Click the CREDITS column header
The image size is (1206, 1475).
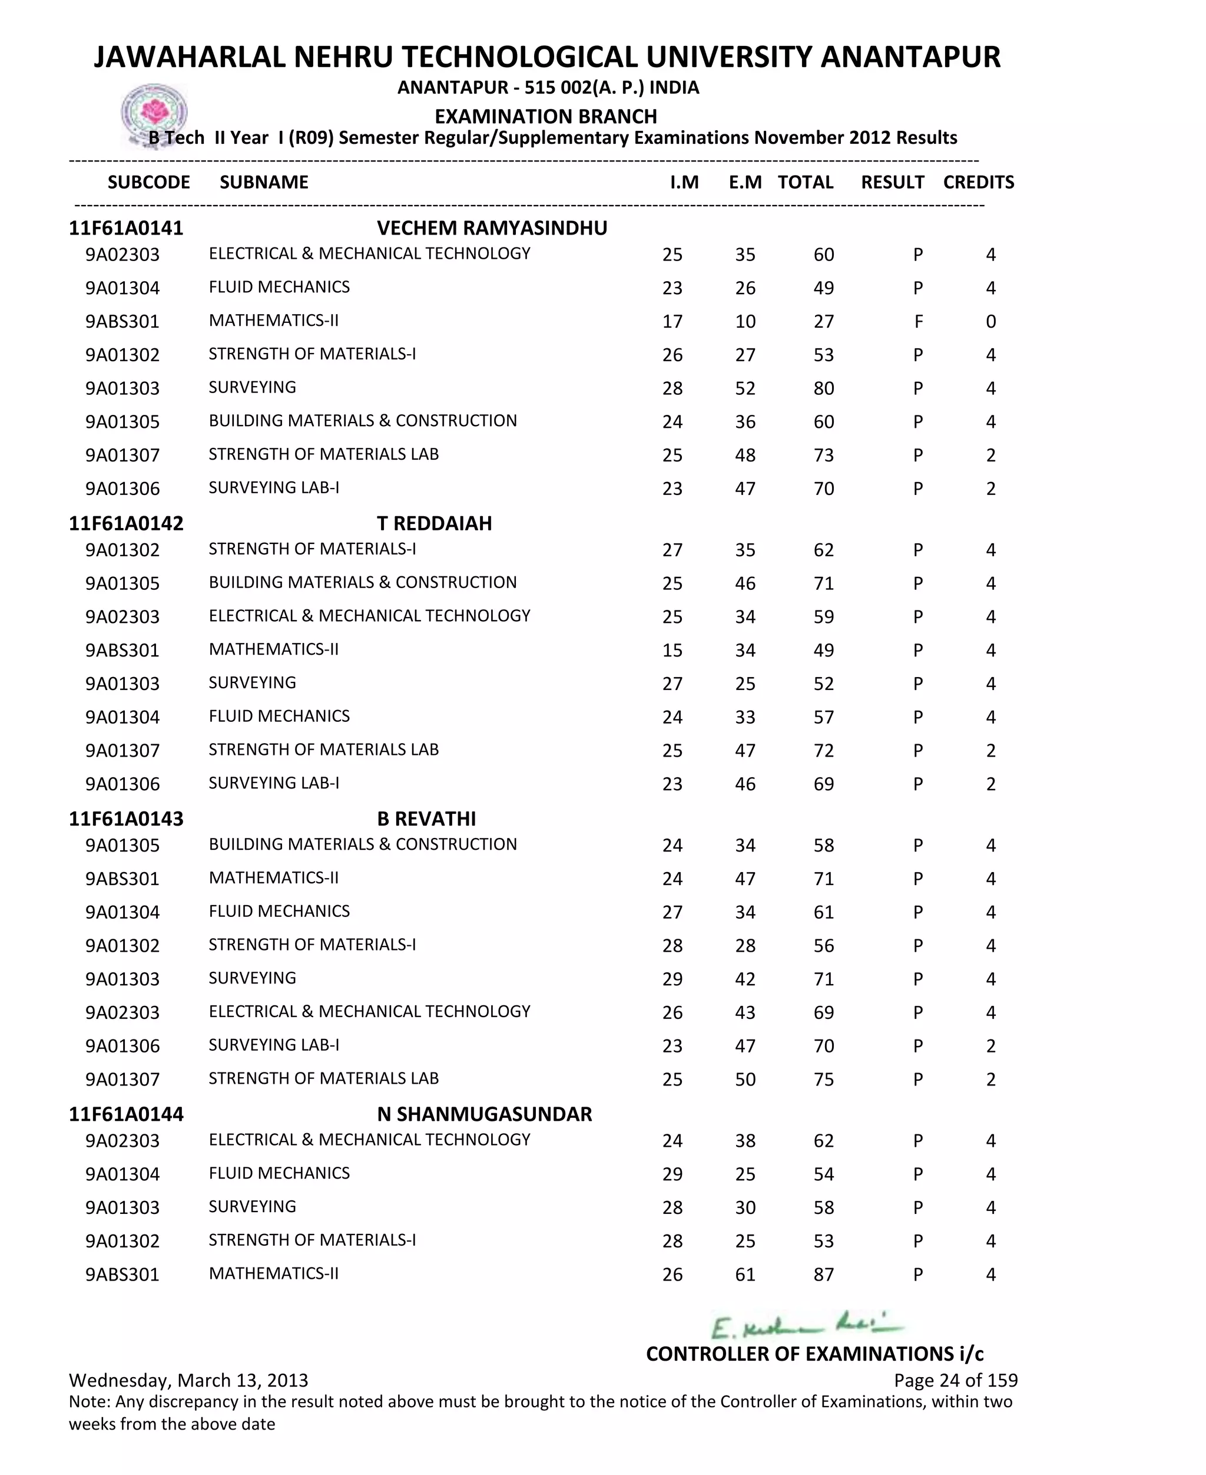click(978, 182)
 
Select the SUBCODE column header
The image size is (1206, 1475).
click(148, 182)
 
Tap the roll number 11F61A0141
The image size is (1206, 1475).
click(126, 228)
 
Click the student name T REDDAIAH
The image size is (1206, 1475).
click(434, 523)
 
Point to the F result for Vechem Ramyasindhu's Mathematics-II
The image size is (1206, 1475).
click(919, 322)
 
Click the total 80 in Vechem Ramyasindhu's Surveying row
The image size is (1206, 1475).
click(823, 388)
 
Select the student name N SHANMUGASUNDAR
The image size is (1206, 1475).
click(484, 1114)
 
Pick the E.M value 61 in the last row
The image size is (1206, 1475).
click(745, 1275)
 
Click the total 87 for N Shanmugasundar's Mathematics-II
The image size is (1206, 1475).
click(823, 1275)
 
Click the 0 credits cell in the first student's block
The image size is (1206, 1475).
click(990, 322)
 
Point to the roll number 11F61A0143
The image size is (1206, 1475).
click(126, 819)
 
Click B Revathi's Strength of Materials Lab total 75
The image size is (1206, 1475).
click(823, 1080)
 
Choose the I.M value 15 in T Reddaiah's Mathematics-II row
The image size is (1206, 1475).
click(672, 651)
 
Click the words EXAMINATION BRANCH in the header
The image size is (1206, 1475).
click(545, 116)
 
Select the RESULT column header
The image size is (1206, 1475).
click(892, 182)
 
